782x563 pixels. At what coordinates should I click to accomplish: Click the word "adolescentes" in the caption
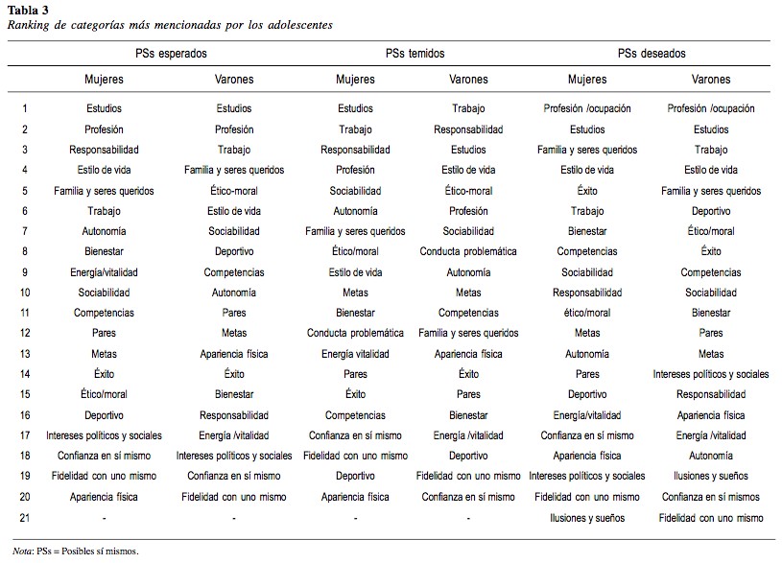tap(296, 24)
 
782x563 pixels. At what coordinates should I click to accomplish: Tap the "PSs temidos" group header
tap(414, 54)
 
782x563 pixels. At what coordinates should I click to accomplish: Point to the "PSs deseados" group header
tap(652, 54)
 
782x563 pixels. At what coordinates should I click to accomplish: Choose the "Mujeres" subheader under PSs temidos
tap(355, 80)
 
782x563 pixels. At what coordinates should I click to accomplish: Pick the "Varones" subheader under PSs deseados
tap(710, 80)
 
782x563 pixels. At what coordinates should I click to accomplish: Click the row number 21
tap(25, 518)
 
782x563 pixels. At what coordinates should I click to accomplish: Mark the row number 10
tap(25, 293)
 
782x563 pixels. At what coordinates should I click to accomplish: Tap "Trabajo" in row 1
tap(468, 109)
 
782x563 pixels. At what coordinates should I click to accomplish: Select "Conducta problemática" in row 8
tap(468, 252)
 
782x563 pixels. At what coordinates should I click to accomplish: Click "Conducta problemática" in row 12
tap(355, 334)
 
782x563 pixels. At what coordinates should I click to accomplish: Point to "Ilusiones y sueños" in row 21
tap(587, 518)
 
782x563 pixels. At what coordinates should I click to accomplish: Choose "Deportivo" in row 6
tap(711, 211)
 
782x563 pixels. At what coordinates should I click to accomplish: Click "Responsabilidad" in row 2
tap(468, 129)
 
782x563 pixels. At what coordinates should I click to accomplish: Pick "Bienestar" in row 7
tap(587, 231)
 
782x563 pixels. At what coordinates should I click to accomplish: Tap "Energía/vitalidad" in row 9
tap(104, 272)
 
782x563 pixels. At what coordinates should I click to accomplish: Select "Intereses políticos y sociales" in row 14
tap(711, 374)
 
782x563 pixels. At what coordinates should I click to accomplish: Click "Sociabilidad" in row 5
tap(355, 191)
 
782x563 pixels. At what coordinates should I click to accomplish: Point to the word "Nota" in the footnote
tap(21, 551)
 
